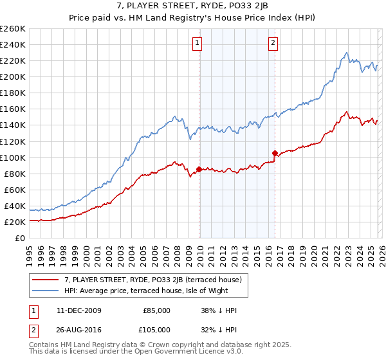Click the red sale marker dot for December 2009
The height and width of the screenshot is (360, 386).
point(199,170)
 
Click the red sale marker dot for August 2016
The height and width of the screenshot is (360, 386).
point(275,153)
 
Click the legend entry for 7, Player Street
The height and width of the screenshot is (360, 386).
point(153,280)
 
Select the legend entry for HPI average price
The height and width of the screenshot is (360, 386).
point(146,291)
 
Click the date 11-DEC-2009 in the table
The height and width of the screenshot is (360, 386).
point(79,310)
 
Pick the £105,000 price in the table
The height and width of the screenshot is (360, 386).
point(156,330)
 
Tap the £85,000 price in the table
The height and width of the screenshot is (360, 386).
point(156,310)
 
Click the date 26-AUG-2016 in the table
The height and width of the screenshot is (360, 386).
point(79,330)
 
